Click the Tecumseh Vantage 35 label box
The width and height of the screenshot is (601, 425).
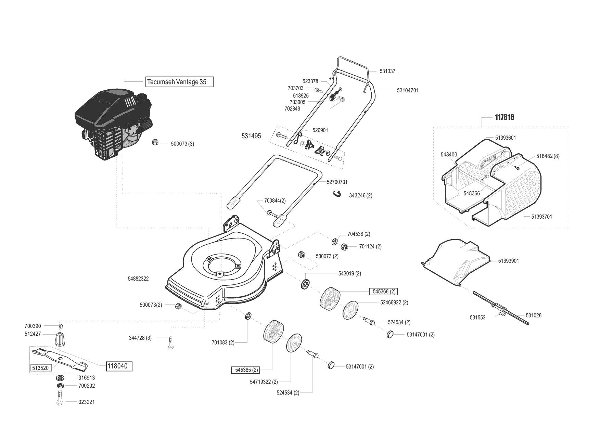[179, 82]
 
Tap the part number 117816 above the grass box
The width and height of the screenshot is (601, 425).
[504, 117]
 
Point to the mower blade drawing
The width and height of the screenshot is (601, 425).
[60, 358]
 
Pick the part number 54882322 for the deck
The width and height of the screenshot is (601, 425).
[138, 279]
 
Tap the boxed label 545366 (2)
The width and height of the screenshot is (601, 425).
[383, 292]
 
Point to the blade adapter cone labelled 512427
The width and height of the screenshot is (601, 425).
[59, 339]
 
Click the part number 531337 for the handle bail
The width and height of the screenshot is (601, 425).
[387, 71]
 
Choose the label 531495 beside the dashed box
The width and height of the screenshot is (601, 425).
[251, 136]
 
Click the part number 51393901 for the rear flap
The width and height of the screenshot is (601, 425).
[508, 261]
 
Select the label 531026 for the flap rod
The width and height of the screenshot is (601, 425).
[534, 315]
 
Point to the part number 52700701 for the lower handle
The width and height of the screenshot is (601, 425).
[337, 182]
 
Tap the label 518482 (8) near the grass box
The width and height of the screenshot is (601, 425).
[548, 156]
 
